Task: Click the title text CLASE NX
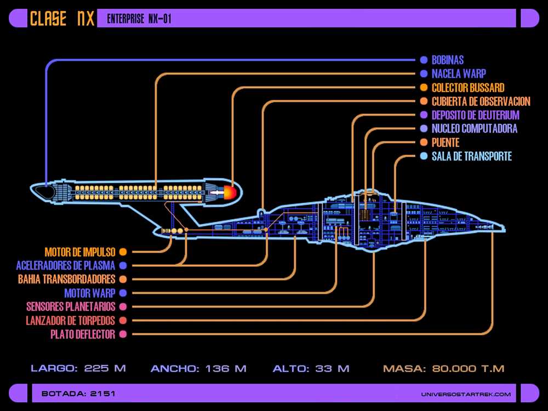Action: [x=62, y=18]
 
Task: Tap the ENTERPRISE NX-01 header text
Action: [x=139, y=19]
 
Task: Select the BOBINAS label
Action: [x=447, y=60]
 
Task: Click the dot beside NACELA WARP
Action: [x=424, y=74]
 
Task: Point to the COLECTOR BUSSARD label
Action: [x=468, y=87]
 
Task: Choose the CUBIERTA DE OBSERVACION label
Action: [x=481, y=101]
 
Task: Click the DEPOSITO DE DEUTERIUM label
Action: [x=475, y=115]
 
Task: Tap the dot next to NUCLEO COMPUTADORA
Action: [x=424, y=129]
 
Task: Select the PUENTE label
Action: [x=445, y=142]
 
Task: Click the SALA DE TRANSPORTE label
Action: [x=471, y=156]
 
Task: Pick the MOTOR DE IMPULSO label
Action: [x=80, y=252]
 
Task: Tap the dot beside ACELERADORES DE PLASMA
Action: [x=123, y=266]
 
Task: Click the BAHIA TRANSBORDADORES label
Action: [x=66, y=279]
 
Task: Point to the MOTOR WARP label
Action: [x=90, y=293]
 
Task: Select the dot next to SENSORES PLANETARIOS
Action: [x=123, y=307]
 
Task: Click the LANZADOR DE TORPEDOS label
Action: [x=70, y=321]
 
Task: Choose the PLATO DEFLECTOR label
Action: [x=83, y=334]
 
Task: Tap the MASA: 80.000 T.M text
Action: [x=443, y=368]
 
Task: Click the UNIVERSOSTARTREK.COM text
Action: [x=466, y=394]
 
